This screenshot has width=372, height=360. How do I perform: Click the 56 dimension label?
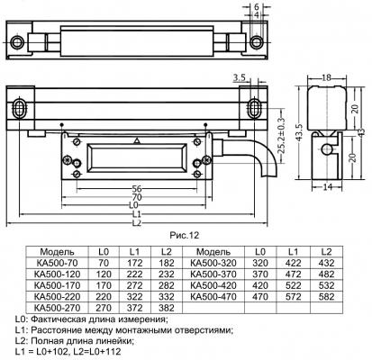click(137, 189)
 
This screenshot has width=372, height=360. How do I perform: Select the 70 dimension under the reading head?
click(137, 197)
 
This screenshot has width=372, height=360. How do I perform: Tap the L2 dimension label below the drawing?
click(137, 223)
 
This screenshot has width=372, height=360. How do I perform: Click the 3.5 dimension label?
click(240, 78)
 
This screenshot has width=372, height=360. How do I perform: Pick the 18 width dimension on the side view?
click(326, 77)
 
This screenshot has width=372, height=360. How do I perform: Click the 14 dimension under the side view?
click(327, 187)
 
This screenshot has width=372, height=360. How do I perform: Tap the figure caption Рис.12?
click(185, 236)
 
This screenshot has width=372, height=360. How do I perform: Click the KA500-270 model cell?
click(58, 308)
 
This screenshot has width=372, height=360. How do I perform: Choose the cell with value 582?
click(326, 297)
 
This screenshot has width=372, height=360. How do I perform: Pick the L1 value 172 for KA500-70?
click(134, 263)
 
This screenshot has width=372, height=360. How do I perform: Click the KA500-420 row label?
click(213, 285)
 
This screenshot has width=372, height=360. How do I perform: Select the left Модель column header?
click(57, 252)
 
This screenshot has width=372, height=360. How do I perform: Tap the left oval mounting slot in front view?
click(20, 108)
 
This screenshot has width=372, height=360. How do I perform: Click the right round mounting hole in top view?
click(257, 42)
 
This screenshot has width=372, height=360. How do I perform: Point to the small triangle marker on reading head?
click(137, 140)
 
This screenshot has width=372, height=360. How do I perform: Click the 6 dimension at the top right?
click(257, 7)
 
